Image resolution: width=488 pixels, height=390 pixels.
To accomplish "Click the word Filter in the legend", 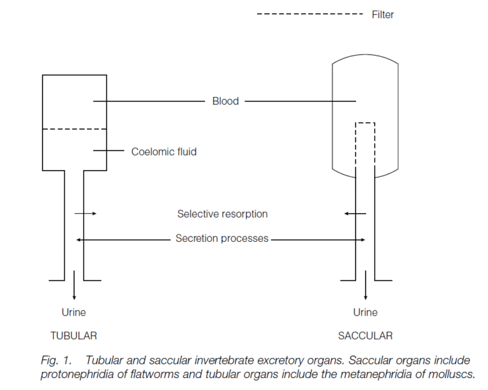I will pyautogui.click(x=383, y=15).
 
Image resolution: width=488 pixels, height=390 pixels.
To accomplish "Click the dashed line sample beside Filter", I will pyautogui.click(x=310, y=14).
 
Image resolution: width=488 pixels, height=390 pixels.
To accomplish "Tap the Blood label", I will pyautogui.click(x=225, y=101).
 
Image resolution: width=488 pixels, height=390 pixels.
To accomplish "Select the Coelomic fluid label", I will pyautogui.click(x=164, y=151).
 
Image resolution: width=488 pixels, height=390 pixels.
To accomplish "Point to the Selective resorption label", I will pyautogui.click(x=223, y=214).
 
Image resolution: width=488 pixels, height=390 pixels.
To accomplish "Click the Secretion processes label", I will pyautogui.click(x=222, y=238).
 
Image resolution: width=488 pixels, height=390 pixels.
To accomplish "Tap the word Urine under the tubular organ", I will pyautogui.click(x=74, y=312).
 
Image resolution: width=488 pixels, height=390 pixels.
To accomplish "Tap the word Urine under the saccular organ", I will pyautogui.click(x=365, y=312).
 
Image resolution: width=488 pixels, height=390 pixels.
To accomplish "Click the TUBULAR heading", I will pyautogui.click(x=74, y=335).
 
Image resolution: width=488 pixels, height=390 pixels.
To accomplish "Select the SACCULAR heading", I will pyautogui.click(x=365, y=335).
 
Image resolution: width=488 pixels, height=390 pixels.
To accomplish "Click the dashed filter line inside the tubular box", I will pyautogui.click(x=74, y=129).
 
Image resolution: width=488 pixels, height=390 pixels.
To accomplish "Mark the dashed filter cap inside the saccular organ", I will pyautogui.click(x=365, y=123).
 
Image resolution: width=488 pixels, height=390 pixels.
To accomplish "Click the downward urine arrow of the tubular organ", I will pyautogui.click(x=74, y=290).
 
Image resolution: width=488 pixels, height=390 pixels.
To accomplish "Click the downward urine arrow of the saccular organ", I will pyautogui.click(x=365, y=290).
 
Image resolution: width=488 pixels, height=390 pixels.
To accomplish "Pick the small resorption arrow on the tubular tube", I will pyautogui.click(x=86, y=214).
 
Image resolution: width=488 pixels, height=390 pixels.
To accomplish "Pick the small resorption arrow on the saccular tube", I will pyautogui.click(x=355, y=214).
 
